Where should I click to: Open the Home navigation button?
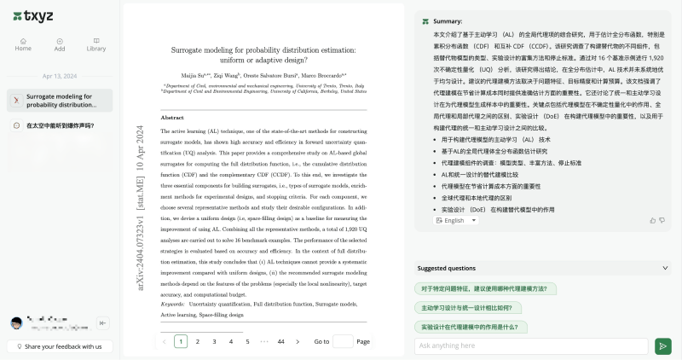[x=23, y=44]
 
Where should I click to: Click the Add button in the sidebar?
[x=60, y=44]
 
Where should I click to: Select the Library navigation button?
[x=96, y=44]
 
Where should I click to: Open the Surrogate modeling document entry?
[x=59, y=101]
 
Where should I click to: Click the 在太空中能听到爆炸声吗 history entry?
[x=59, y=125]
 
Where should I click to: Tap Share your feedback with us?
[x=59, y=346]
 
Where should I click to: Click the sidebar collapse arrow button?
[x=103, y=322]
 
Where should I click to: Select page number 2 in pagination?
[x=197, y=341]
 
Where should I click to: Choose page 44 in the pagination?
[x=280, y=341]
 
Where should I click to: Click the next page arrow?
[x=298, y=341]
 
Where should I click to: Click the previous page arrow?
[x=164, y=341]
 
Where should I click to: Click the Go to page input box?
[x=343, y=341]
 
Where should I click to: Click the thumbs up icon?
[x=652, y=220]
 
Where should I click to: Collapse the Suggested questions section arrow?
[x=664, y=268]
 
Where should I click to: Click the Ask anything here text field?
[x=531, y=345]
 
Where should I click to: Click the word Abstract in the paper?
[x=172, y=117]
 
